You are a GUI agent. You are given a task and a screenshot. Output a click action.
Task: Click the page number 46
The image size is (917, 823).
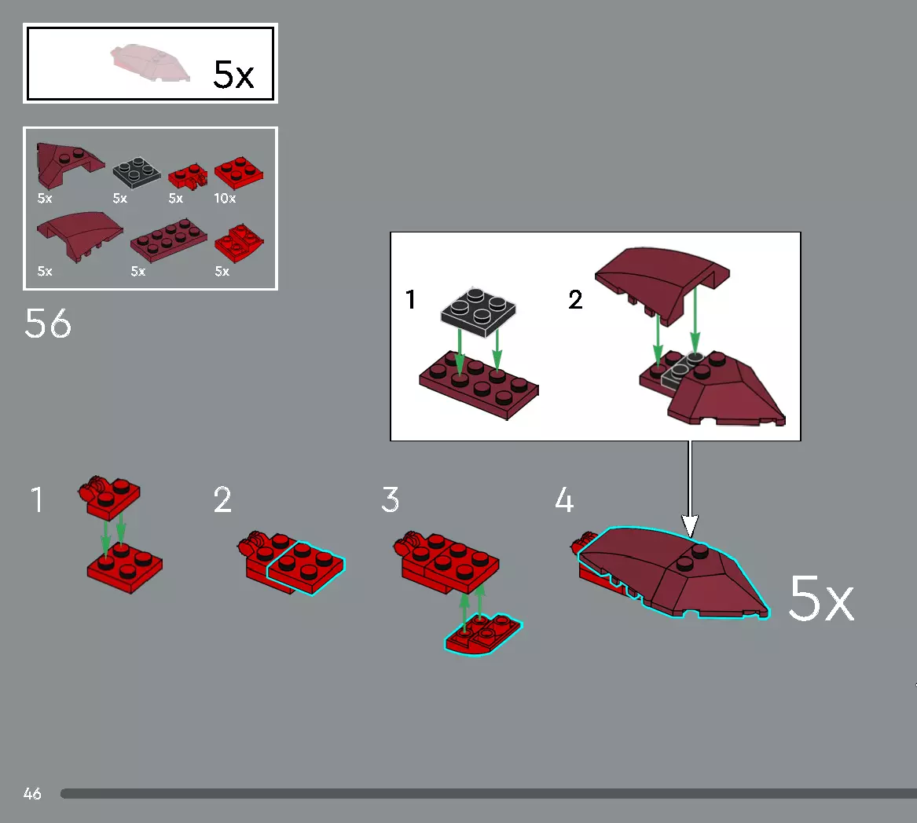click(32, 794)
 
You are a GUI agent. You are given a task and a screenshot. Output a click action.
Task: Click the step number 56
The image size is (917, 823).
click(48, 324)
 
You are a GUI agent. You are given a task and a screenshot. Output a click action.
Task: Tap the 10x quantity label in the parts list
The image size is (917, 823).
click(225, 199)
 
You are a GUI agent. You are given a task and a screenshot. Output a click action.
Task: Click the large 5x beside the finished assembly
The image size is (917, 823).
click(820, 599)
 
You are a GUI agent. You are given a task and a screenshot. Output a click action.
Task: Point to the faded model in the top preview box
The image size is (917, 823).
click(150, 64)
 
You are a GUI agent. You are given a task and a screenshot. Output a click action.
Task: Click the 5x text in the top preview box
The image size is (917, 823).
click(233, 75)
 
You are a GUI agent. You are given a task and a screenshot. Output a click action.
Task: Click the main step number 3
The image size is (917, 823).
click(391, 500)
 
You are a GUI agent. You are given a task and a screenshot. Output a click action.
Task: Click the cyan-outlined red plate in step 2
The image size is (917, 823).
click(306, 568)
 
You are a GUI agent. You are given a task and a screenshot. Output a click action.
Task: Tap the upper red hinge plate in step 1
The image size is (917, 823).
click(112, 496)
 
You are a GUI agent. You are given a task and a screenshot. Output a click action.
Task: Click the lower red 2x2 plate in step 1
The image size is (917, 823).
click(124, 564)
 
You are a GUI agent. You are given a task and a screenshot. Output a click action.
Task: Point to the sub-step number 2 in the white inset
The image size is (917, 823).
click(575, 300)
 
